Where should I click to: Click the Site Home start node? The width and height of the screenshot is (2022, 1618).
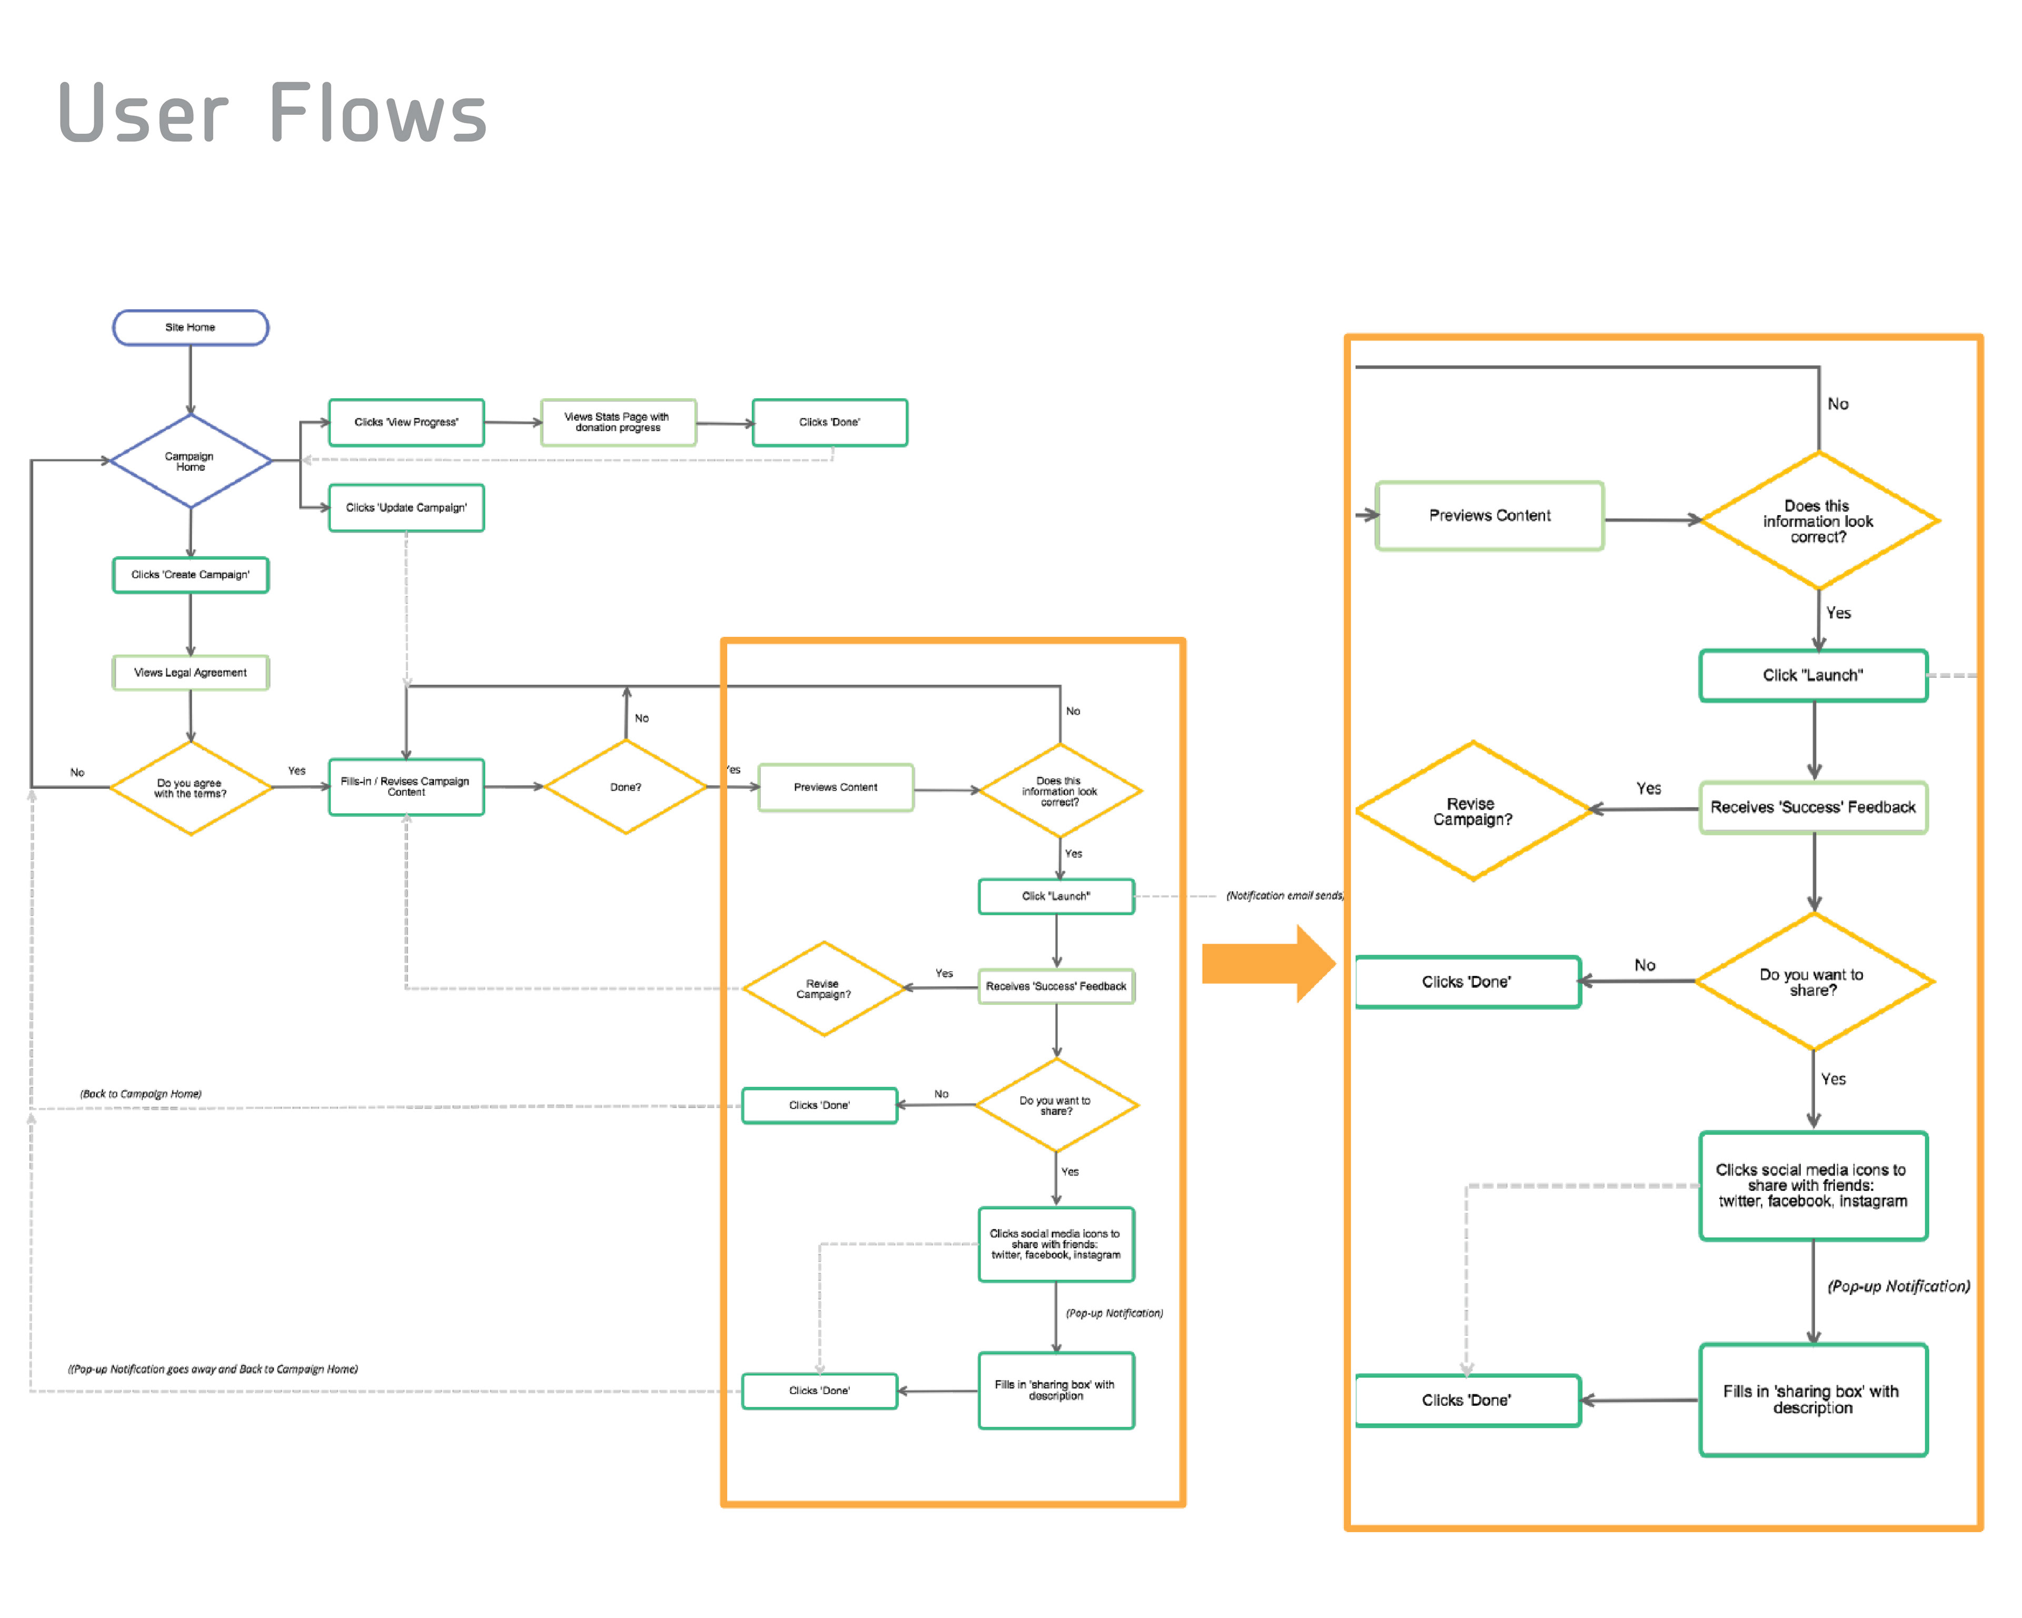(x=191, y=328)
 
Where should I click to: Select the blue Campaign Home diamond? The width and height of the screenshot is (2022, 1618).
(x=191, y=460)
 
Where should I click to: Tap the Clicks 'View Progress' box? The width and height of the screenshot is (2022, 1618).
(x=406, y=422)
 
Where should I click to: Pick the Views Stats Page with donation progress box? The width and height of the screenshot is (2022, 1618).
(x=618, y=422)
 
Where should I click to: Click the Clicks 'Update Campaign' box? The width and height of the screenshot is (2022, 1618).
(x=406, y=507)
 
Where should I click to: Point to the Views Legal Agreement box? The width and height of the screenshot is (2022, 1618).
(x=191, y=673)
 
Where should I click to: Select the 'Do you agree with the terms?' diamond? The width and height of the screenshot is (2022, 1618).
(x=191, y=788)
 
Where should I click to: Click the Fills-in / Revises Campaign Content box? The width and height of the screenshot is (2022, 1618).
(x=406, y=787)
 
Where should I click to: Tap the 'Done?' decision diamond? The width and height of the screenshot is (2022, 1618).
(x=626, y=787)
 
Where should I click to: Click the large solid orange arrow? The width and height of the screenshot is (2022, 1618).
(x=1268, y=963)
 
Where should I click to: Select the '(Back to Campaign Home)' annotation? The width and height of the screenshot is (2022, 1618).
(x=141, y=1093)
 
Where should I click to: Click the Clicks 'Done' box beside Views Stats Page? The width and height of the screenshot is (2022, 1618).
(x=830, y=422)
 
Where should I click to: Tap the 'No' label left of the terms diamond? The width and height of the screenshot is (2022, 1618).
(x=77, y=773)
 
